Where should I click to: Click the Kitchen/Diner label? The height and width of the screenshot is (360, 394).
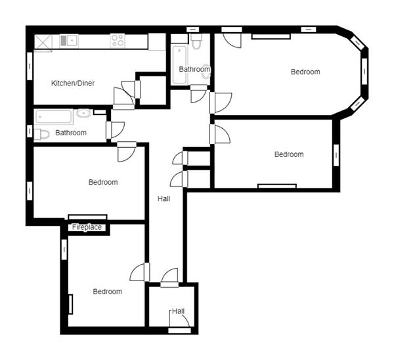[73, 83]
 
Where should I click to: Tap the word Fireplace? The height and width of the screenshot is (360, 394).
[87, 227]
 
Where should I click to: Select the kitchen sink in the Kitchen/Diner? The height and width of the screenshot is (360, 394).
[69, 41]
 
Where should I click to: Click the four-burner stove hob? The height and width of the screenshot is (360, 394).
[118, 41]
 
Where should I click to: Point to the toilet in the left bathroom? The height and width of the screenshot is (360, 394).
[41, 134]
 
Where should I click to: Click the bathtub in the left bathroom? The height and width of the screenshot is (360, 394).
[54, 117]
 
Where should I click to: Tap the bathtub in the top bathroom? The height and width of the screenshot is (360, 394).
[179, 65]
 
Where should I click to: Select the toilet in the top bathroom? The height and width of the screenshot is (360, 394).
[196, 41]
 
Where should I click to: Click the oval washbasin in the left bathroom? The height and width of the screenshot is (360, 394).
[83, 113]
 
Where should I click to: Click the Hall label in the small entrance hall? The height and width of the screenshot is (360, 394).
[178, 311]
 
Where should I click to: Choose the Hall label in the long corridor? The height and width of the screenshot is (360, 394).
[164, 199]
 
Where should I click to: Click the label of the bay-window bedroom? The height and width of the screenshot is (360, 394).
[305, 72]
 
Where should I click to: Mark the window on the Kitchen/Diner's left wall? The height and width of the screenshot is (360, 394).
[30, 66]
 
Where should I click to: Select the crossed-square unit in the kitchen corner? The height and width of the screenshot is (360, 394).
[43, 42]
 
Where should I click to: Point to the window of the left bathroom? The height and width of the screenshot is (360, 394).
[30, 131]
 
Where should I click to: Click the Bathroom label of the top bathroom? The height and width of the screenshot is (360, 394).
[194, 69]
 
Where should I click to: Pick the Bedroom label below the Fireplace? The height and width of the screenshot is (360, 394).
[108, 292]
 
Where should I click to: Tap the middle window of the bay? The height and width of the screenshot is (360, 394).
[364, 71]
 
